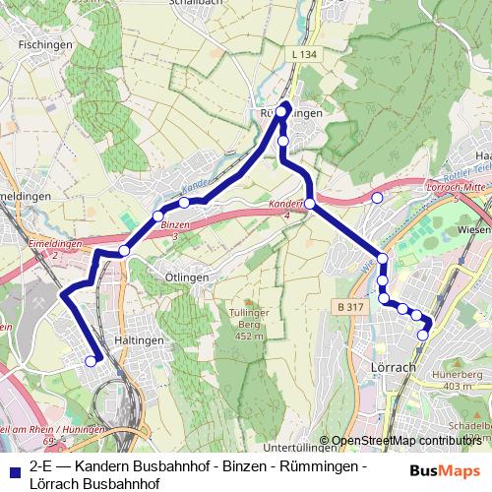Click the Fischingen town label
(x=42, y=45)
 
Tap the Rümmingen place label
(x=290, y=114)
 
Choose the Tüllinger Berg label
(x=250, y=325)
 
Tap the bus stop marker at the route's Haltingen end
(x=92, y=361)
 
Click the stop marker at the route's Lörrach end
(x=423, y=336)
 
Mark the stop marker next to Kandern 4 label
(x=309, y=204)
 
